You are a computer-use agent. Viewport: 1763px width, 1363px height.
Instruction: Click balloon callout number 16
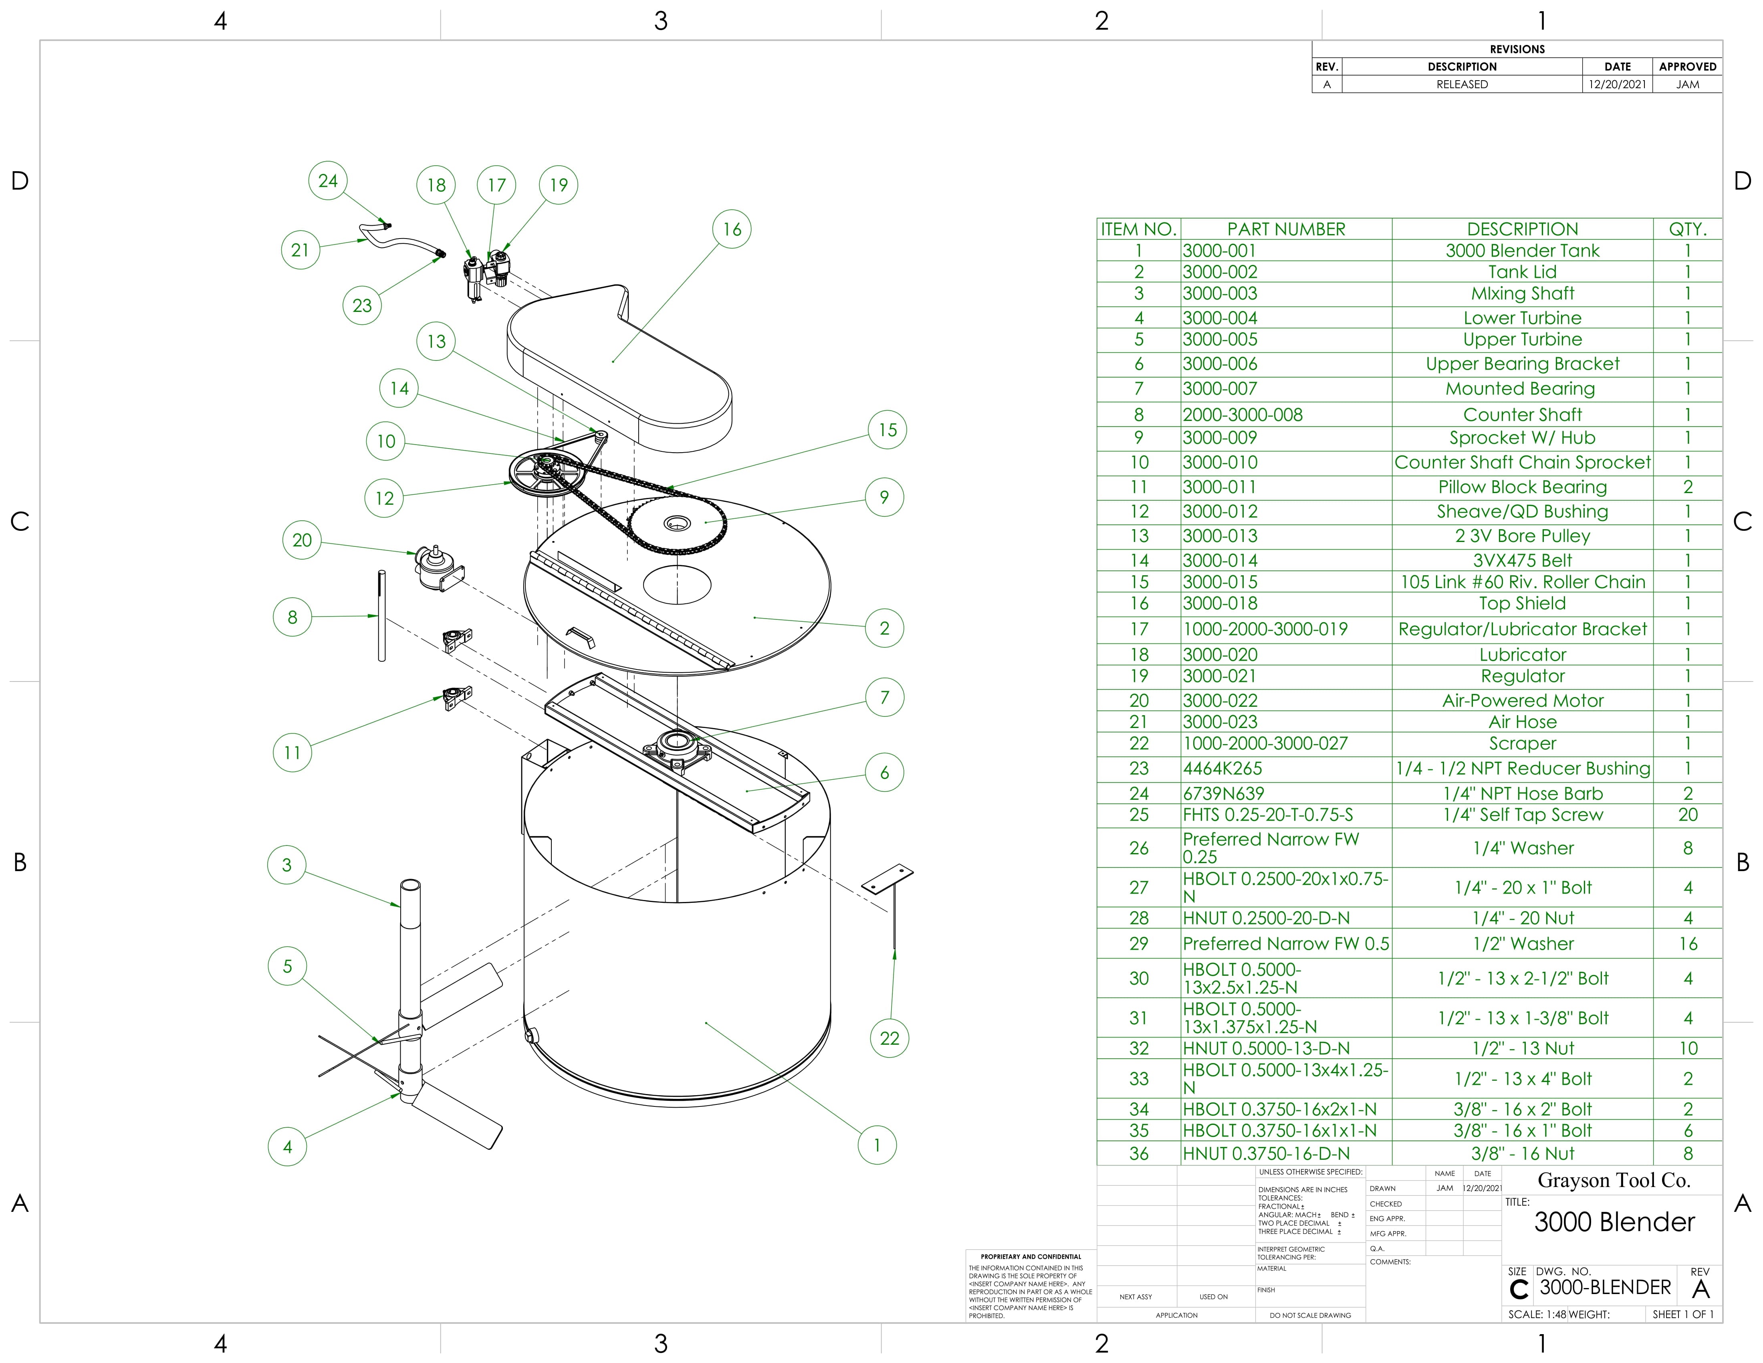click(x=731, y=229)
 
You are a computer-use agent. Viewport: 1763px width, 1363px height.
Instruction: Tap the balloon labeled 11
click(x=292, y=752)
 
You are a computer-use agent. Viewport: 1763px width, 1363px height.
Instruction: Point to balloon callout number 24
click(x=328, y=181)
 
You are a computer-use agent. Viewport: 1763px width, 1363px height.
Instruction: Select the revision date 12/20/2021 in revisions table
click(x=1617, y=84)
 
